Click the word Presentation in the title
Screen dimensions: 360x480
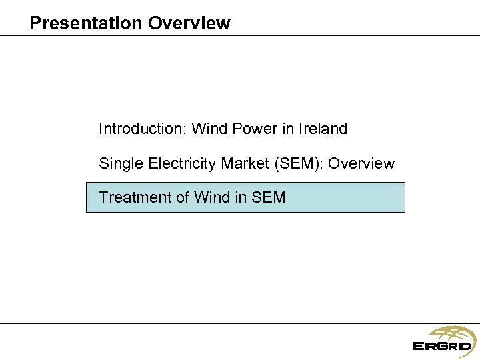[86, 23]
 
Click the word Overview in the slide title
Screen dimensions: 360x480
[189, 23]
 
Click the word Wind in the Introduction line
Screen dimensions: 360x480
[209, 129]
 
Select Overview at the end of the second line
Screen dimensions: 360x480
[362, 163]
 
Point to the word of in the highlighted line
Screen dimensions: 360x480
[182, 197]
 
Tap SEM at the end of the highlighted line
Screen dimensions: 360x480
[269, 197]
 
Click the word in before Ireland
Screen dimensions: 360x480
[288, 129]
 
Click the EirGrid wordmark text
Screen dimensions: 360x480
[442, 346]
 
